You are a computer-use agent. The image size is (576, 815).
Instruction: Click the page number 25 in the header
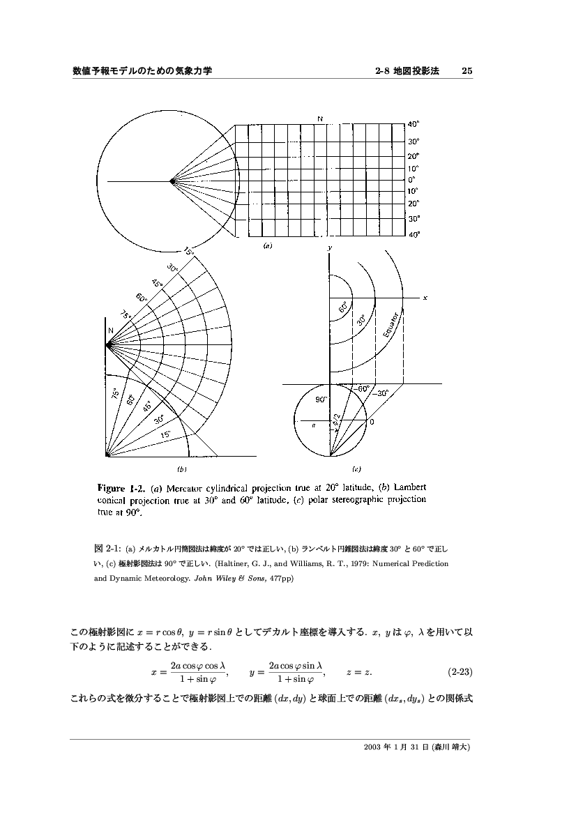pos(467,71)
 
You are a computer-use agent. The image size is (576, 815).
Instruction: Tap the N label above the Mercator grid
pos(320,119)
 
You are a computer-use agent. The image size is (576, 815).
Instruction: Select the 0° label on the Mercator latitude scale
pos(412,179)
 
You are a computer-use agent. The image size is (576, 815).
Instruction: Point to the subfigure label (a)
pos(267,245)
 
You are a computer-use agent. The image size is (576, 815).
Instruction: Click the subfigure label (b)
pos(182,469)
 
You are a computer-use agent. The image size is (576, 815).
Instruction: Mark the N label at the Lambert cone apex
pos(110,330)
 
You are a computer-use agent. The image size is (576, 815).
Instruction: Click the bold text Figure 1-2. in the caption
pos(120,487)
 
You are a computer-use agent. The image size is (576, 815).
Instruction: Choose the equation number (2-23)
pos(460,673)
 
